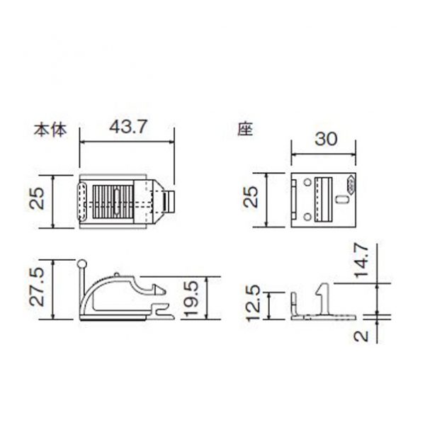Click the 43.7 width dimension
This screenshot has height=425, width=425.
click(127, 127)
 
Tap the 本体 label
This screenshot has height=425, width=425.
click(50, 130)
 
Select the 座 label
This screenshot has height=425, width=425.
click(245, 130)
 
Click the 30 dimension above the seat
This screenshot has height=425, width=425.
click(326, 139)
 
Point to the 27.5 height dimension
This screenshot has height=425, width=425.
click(37, 287)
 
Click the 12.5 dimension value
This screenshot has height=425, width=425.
click(254, 302)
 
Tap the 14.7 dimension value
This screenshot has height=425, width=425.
click(361, 260)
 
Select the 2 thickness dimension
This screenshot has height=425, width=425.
click(361, 336)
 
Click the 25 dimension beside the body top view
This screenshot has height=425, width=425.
click(37, 198)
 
